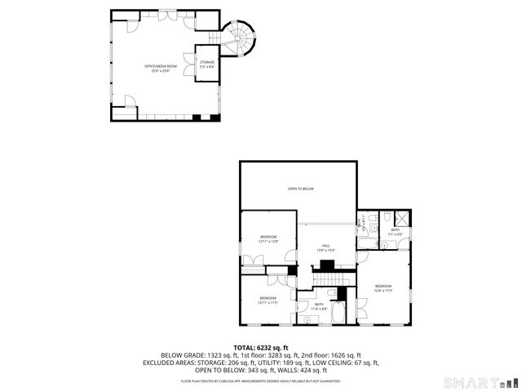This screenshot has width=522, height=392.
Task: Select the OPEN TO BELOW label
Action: [300, 189]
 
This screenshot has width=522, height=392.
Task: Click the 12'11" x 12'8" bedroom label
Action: [268, 239]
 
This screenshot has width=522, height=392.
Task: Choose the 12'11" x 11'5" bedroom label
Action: [268, 300]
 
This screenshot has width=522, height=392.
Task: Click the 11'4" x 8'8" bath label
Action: [319, 306]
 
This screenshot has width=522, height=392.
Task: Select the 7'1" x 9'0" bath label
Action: [395, 232]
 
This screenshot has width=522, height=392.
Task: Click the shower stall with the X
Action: [402, 217]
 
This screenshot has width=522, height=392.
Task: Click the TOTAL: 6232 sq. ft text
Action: [261, 348]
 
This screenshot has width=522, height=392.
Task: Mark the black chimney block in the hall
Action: [327, 265]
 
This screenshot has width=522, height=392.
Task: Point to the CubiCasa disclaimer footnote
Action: [261, 381]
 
